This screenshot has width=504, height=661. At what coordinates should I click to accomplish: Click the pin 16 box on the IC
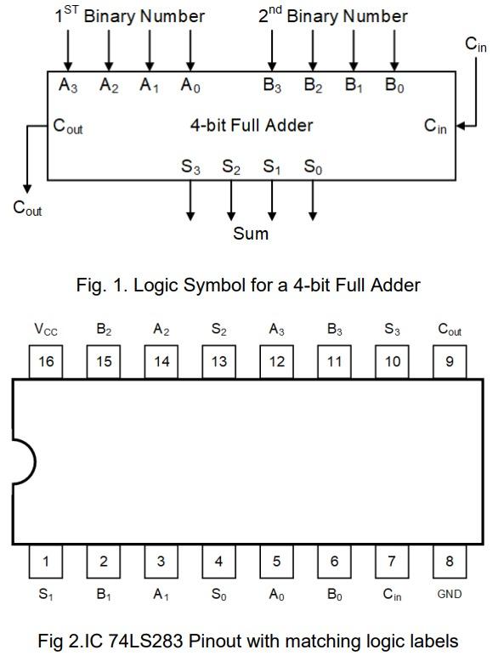[x=46, y=361]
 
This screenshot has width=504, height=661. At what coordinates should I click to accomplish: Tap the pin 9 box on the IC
[x=450, y=361]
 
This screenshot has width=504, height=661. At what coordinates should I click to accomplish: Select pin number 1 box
[x=46, y=561]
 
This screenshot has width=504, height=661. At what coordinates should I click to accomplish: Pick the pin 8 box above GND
[x=450, y=561]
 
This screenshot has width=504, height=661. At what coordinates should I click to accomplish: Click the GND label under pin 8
[x=450, y=595]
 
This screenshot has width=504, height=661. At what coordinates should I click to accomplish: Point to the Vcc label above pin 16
[x=46, y=330]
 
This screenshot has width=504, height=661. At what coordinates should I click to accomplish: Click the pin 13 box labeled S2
[x=219, y=361]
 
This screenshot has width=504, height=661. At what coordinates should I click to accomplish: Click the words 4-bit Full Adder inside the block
[x=251, y=126]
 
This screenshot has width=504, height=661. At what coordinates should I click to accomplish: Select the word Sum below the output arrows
[x=251, y=233]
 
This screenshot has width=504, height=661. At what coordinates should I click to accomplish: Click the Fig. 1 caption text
[x=248, y=285]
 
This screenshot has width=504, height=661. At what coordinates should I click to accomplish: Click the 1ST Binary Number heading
[x=129, y=15]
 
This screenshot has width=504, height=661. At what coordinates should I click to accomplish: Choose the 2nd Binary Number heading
[x=332, y=15]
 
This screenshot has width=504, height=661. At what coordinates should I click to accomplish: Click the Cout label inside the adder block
[x=68, y=127]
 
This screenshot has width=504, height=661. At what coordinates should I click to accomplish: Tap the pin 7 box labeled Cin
[x=392, y=561]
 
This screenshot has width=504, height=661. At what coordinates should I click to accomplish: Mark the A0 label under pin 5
[x=276, y=595]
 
